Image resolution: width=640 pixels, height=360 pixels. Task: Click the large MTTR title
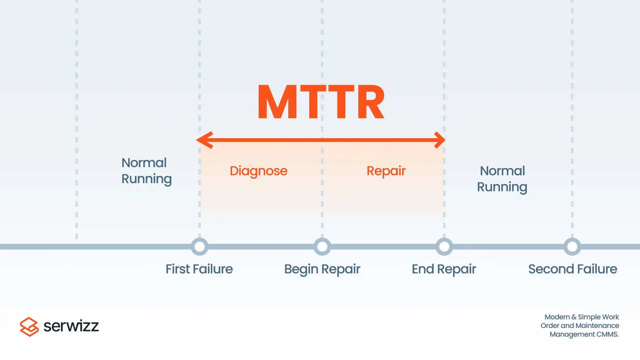[321, 102]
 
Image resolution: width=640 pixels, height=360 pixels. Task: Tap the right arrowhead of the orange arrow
[439, 140]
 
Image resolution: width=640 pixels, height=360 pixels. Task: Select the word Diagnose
[258, 171]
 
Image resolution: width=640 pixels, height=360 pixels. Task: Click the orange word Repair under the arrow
[386, 171]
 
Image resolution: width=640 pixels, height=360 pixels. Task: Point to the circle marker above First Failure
[199, 247]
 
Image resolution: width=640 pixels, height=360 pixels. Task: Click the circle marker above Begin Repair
[322, 247]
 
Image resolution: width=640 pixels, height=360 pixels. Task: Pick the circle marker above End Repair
[444, 247]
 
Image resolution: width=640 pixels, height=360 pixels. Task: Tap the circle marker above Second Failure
[572, 247]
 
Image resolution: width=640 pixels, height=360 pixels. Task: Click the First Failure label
[199, 269]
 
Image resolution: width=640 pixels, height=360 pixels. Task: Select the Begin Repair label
[322, 269]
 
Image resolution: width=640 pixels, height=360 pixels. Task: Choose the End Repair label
[444, 269]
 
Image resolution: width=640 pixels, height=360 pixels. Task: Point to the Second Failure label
[572, 269]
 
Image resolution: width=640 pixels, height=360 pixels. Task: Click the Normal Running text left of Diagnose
[146, 171]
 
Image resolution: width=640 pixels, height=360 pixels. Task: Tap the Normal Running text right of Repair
[502, 179]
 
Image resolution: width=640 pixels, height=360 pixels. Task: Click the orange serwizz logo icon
[29, 327]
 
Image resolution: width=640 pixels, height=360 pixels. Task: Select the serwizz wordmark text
[71, 326]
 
